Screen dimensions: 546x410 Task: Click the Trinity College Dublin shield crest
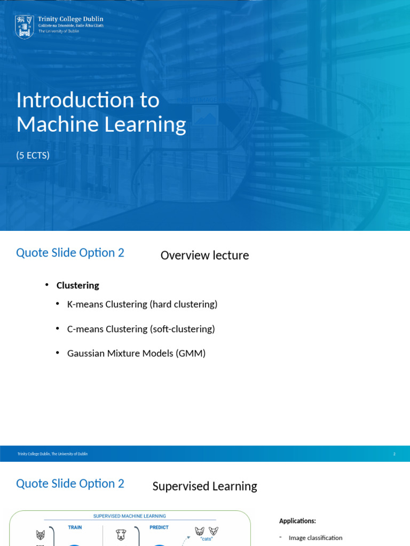pos(25,27)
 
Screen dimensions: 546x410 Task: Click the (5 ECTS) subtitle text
pos(33,155)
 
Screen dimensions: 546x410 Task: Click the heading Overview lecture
pos(204,255)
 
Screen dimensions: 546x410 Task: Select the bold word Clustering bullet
pos(78,285)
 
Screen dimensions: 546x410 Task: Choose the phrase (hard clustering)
pos(184,304)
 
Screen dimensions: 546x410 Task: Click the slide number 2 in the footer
pos(394,454)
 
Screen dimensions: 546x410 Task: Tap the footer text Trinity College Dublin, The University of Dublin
pos(52,454)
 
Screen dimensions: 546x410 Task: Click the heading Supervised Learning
pos(204,486)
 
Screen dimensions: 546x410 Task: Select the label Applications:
pos(297,521)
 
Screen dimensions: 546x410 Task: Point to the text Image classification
pos(316,538)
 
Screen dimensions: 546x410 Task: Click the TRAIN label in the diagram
pos(75,527)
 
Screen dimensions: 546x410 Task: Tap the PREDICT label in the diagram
pos(159,527)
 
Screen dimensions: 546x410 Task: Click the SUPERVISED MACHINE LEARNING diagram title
pos(129,516)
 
